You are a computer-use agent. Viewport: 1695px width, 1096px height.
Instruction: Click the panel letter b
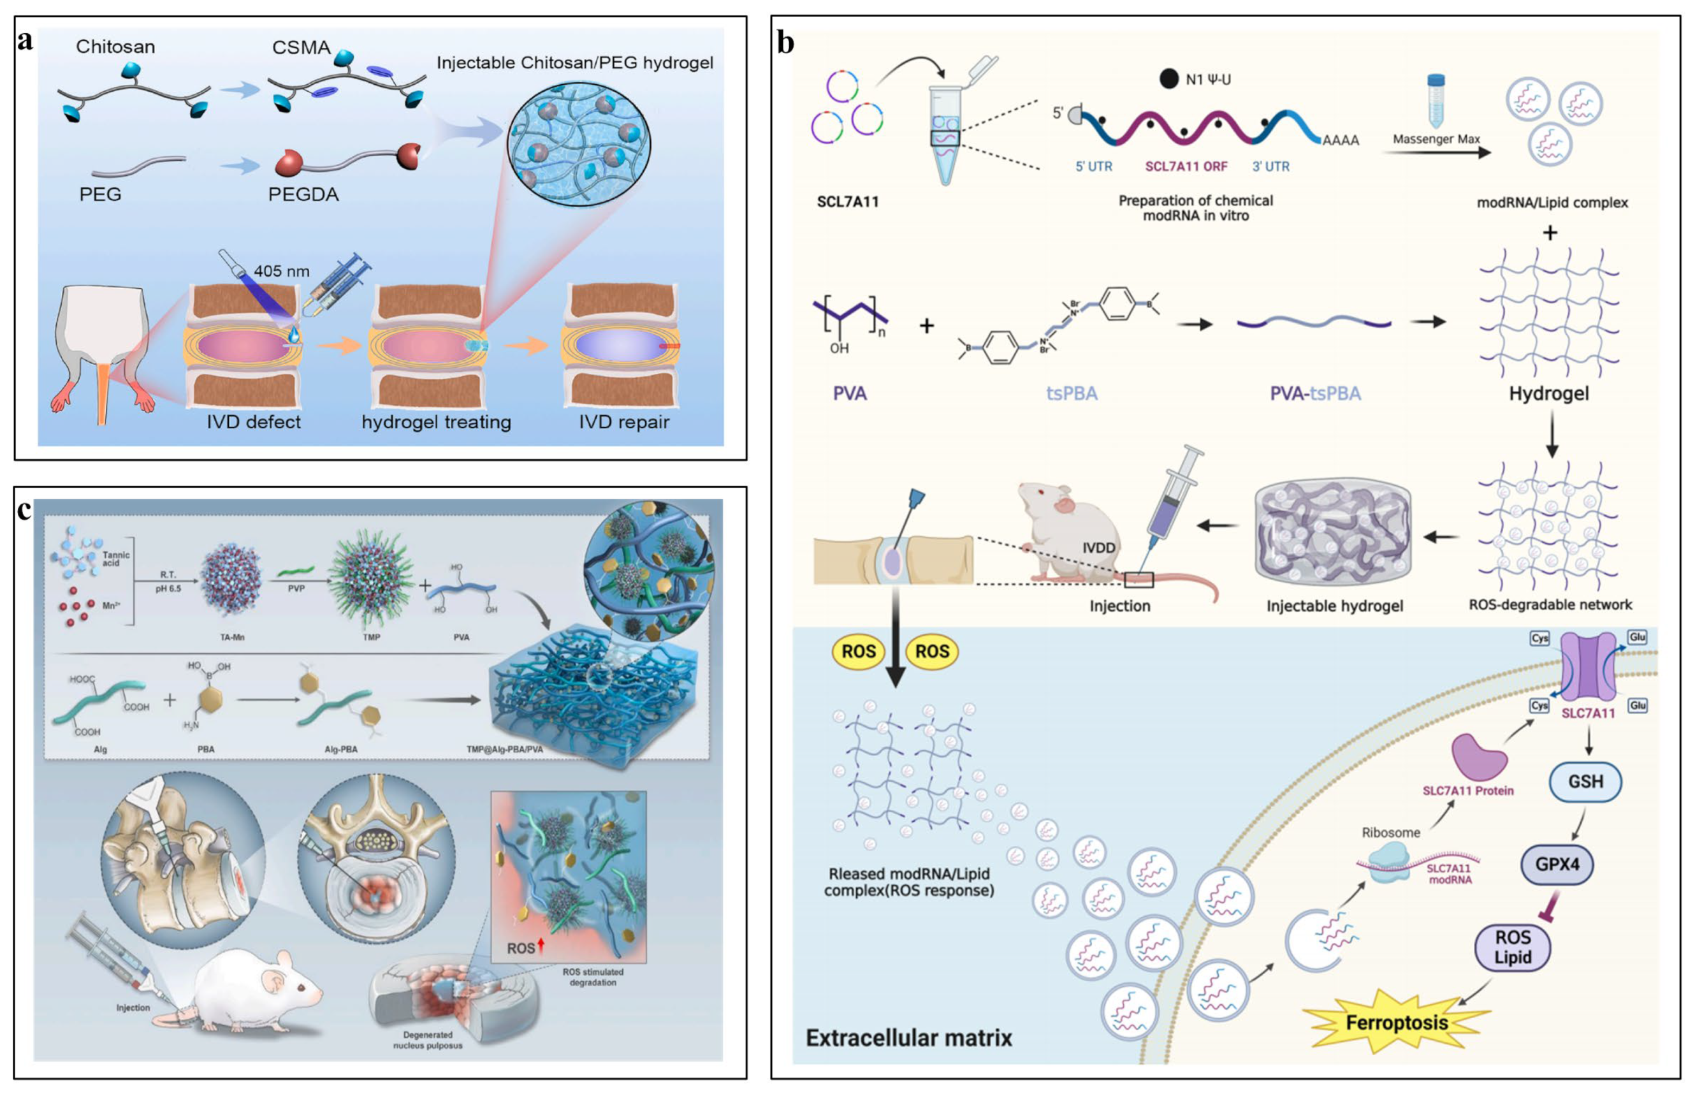[x=785, y=43]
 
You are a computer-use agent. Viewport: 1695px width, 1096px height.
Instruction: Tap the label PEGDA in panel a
[x=303, y=194]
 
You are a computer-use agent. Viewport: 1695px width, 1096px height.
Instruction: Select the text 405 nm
[x=281, y=271]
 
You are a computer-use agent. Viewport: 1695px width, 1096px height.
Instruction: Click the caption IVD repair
[x=623, y=422]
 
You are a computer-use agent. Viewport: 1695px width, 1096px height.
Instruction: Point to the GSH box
[x=1585, y=782]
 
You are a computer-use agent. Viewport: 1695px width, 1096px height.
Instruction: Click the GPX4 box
[x=1557, y=865]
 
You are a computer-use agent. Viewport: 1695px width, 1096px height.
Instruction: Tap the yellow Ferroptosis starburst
[x=1396, y=1023]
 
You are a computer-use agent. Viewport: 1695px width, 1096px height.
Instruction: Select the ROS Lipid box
[x=1512, y=947]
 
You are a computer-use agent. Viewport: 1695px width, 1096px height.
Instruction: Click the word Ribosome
[x=1390, y=832]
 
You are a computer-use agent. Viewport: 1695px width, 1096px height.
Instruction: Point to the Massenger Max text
[x=1436, y=140]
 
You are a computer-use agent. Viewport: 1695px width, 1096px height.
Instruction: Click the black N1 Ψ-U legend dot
[x=1168, y=79]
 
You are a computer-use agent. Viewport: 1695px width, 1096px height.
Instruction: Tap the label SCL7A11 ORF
[x=1186, y=166]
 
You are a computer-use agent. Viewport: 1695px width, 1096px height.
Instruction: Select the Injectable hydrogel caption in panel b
[x=1334, y=606]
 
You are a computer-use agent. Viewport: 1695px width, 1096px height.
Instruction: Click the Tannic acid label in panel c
[x=116, y=559]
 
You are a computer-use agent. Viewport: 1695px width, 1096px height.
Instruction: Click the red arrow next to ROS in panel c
[x=541, y=945]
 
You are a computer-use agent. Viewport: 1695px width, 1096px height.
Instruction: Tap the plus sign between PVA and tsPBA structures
[x=926, y=326]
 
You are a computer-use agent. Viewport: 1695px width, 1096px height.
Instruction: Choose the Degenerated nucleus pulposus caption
[x=428, y=1040]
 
